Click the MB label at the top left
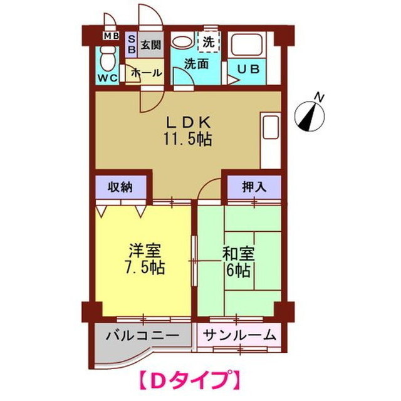click(x=111, y=36)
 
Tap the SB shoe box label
click(x=132, y=44)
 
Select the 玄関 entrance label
click(x=150, y=44)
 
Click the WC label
click(x=106, y=78)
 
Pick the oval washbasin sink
click(x=182, y=43)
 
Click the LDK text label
click(x=185, y=122)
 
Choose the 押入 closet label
click(x=253, y=186)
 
